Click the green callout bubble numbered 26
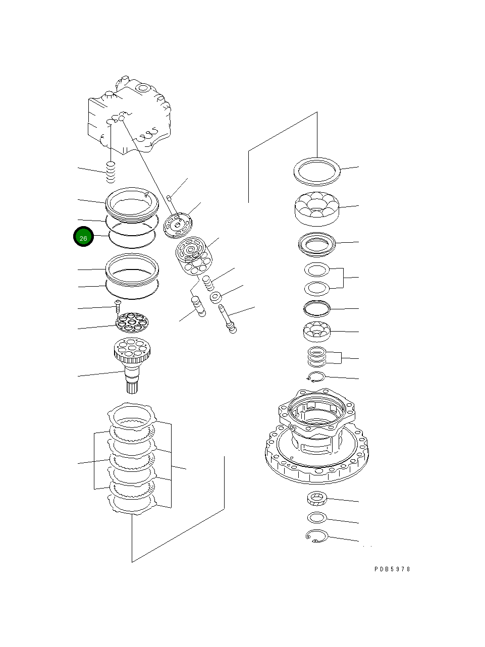click(83, 237)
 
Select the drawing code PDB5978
click(392, 569)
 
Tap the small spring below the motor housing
click(111, 173)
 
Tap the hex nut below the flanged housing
click(317, 499)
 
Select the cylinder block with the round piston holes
click(193, 256)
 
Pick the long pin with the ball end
click(227, 317)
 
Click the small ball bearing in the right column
click(316, 331)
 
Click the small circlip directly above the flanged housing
click(316, 376)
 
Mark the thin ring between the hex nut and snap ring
click(316, 517)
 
